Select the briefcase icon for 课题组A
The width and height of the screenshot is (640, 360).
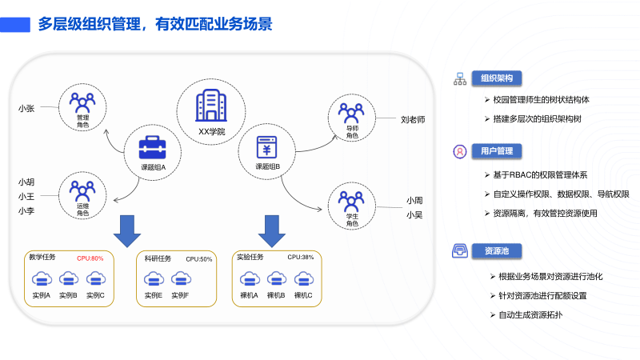click(x=152, y=147)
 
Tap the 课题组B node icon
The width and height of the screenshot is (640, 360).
click(x=266, y=147)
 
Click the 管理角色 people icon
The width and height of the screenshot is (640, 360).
click(x=82, y=102)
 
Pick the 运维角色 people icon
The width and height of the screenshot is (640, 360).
click(x=82, y=190)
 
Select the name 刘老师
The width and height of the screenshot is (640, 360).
click(x=413, y=119)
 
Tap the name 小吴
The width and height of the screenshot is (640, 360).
click(x=414, y=214)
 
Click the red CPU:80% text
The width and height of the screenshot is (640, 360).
click(x=90, y=258)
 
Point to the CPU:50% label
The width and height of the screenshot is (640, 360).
click(x=199, y=259)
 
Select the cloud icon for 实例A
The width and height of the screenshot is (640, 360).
click(x=42, y=278)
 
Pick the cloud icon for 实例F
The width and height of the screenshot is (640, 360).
click(x=179, y=278)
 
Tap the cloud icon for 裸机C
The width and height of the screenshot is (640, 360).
click(x=303, y=278)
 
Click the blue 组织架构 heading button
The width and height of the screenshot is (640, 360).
click(x=497, y=78)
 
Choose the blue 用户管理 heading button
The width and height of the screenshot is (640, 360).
click(x=497, y=150)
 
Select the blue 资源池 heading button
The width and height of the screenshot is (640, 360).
click(x=497, y=251)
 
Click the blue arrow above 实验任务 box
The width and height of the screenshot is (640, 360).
click(x=272, y=230)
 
